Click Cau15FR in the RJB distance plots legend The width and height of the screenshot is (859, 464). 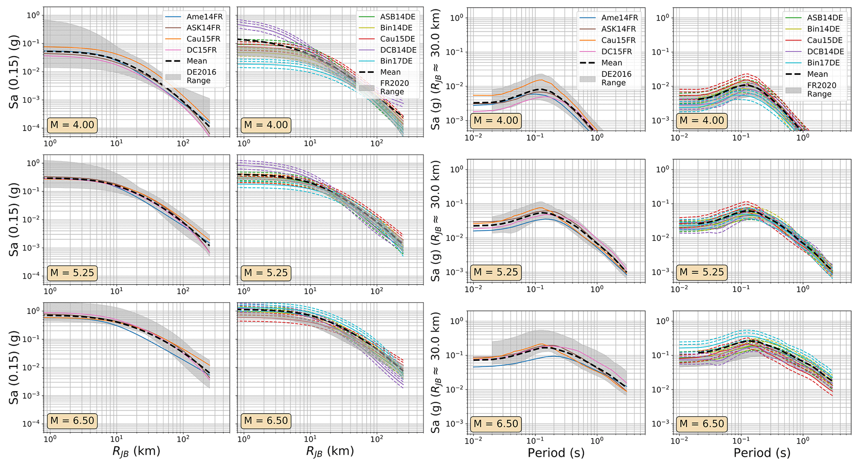tap(203, 39)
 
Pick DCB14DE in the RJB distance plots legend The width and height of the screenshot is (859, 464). tap(398, 50)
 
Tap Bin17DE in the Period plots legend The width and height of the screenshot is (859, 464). tap(825, 63)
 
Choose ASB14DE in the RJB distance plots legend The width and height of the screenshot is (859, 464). tap(398, 17)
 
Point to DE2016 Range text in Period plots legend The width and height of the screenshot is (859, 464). tap(616, 78)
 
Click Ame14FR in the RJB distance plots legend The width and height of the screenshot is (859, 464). tap(203, 17)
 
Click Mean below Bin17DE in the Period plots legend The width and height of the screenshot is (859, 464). tap(817, 74)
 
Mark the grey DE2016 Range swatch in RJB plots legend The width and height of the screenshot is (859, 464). tap(173, 77)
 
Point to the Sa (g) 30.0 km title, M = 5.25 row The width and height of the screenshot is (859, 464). tap(436, 221)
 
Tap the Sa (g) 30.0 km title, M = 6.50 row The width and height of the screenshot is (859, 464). tap(436, 372)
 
